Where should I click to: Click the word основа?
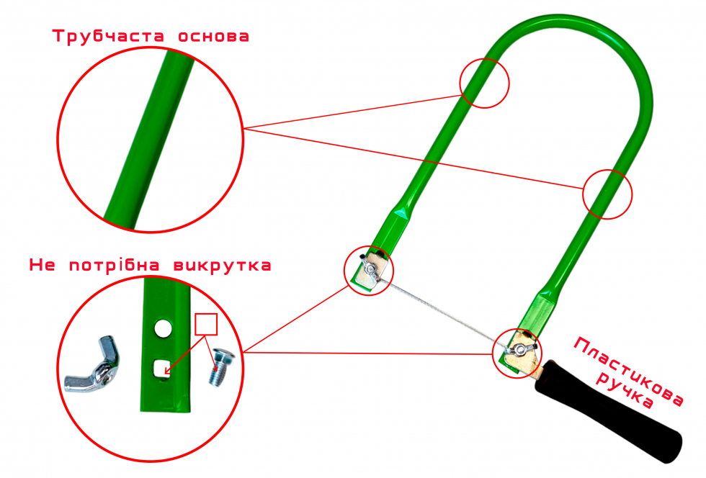pos(213,37)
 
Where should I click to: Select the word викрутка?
pos(223,266)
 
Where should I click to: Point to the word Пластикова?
pos(629,371)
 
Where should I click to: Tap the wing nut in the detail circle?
pos(92,364)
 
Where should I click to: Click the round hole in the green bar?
pos(163,328)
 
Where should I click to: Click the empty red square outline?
pos(206,325)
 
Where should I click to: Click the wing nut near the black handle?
pos(520,349)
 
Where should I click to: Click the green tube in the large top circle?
pos(148,140)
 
